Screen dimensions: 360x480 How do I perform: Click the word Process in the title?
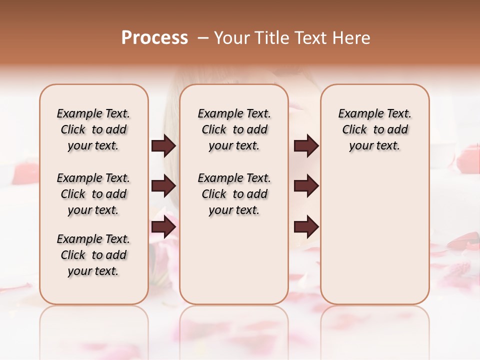pyautogui.click(x=154, y=38)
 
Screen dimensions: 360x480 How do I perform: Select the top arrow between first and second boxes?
pyautogui.click(x=163, y=146)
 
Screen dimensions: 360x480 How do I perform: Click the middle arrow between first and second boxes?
pyautogui.click(x=163, y=186)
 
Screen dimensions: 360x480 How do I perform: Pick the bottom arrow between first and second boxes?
pyautogui.click(x=163, y=227)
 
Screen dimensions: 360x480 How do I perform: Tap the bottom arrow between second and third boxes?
pyautogui.click(x=306, y=227)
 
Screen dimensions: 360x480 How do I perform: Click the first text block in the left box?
pyautogui.click(x=93, y=129)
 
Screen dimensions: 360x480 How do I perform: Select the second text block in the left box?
pyautogui.click(x=93, y=194)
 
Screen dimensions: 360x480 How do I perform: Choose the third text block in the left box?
pyautogui.click(x=93, y=255)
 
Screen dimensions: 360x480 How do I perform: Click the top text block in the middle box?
pyautogui.click(x=234, y=129)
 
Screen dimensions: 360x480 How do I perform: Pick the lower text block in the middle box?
pyautogui.click(x=234, y=194)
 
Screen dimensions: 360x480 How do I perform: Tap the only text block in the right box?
pyautogui.click(x=374, y=129)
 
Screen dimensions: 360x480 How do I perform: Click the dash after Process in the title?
pyautogui.click(x=203, y=38)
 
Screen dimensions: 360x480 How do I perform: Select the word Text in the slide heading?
pyautogui.click(x=310, y=38)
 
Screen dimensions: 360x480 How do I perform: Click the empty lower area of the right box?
pyautogui.click(x=374, y=240)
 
